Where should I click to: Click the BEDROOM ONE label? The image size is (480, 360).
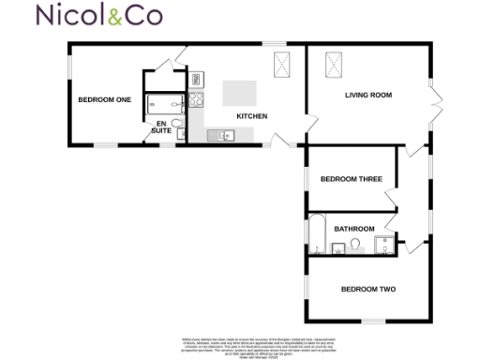(104, 99)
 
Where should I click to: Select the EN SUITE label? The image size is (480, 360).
(160, 127)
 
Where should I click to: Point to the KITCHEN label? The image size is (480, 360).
(252, 116)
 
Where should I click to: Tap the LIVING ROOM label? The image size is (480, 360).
(368, 95)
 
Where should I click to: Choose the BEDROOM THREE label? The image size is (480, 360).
(351, 179)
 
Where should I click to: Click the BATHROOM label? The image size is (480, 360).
(355, 229)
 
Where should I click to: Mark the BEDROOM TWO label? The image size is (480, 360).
(367, 289)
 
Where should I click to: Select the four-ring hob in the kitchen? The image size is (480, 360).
(196, 98)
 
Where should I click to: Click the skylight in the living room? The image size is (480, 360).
(333, 65)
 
